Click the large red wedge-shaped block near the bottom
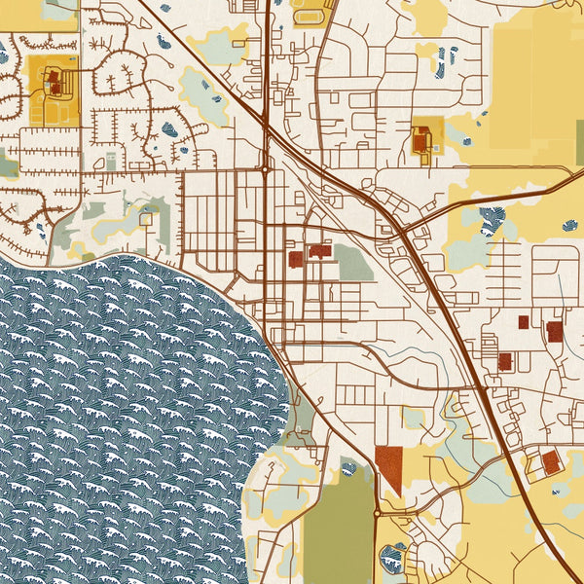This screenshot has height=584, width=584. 388,467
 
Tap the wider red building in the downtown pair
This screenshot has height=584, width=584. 320,251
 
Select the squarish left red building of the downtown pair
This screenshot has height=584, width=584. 296,259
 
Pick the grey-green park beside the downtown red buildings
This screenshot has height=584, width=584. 353,262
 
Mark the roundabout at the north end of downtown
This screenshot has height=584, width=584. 265,169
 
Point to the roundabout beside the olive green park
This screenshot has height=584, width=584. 377,512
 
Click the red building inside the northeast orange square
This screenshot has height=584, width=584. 421,142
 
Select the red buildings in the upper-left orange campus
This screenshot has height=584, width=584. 54,82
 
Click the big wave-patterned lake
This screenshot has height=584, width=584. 127,409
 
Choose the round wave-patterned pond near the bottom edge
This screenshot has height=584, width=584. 392,559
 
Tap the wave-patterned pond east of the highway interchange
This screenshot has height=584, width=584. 498,221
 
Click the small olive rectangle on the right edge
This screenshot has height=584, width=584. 579,142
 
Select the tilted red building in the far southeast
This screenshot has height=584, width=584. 551,461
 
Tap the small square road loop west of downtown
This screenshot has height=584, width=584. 146,220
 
